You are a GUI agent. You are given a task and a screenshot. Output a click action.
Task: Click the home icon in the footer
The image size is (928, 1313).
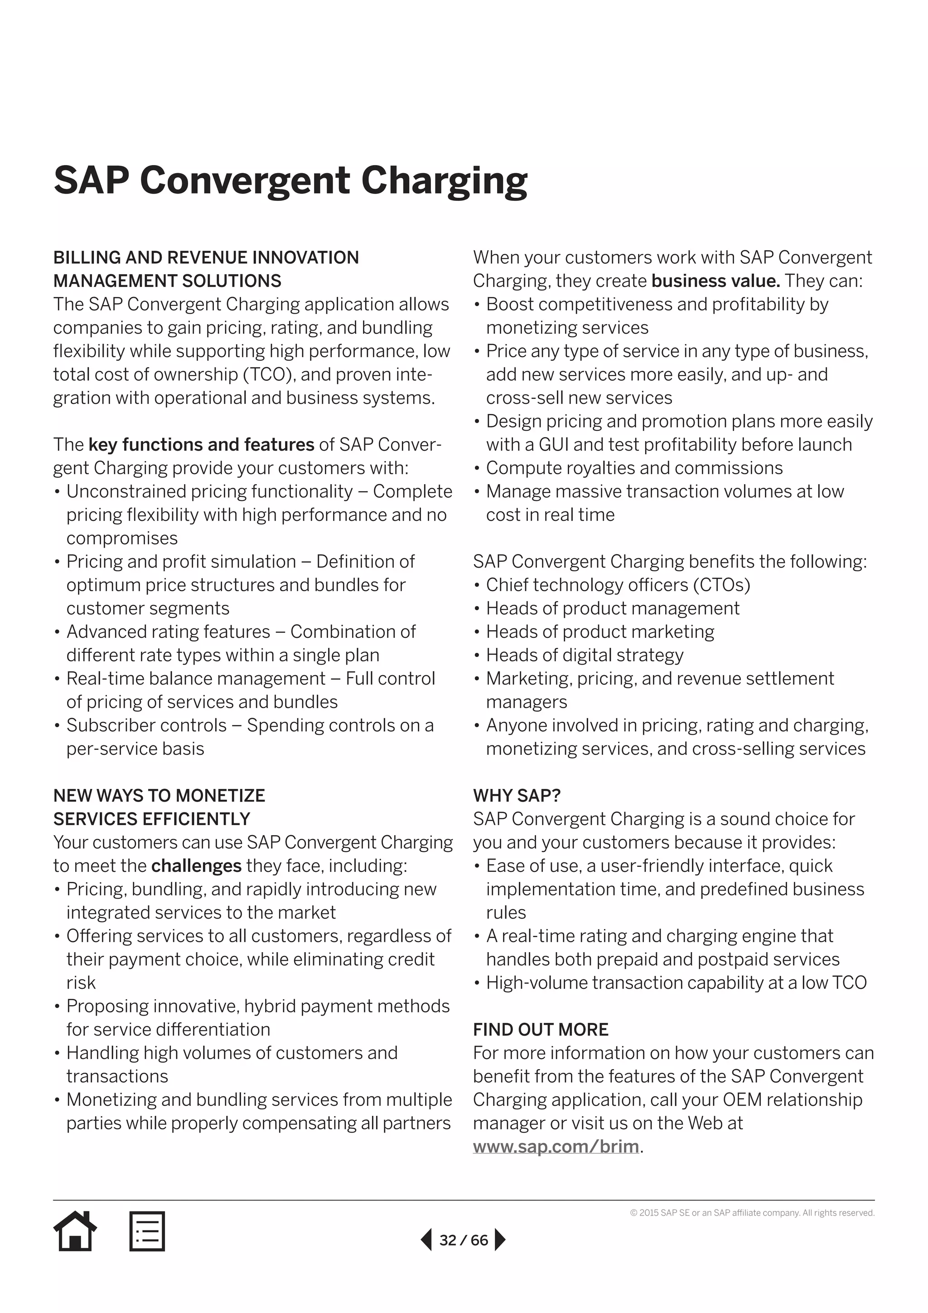[x=75, y=1230]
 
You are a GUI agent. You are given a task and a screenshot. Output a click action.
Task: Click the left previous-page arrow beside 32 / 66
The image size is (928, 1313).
[x=426, y=1240]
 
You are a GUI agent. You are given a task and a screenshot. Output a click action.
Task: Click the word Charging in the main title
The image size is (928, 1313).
[x=444, y=181]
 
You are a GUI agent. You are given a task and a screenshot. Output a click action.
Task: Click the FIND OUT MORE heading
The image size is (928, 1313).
[x=541, y=1029]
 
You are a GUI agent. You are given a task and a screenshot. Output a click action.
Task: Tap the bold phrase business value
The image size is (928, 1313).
[x=715, y=281]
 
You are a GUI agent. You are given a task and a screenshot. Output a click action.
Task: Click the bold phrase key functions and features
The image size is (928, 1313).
[x=201, y=444]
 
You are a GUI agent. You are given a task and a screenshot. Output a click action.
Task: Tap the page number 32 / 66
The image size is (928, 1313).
[x=464, y=1240]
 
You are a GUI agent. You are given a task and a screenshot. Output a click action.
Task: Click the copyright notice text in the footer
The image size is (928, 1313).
[x=752, y=1213]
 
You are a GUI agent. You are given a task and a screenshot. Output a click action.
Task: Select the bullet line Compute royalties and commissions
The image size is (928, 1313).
[x=634, y=468]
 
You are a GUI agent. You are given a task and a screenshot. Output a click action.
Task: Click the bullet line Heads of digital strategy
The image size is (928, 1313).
[x=584, y=655]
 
